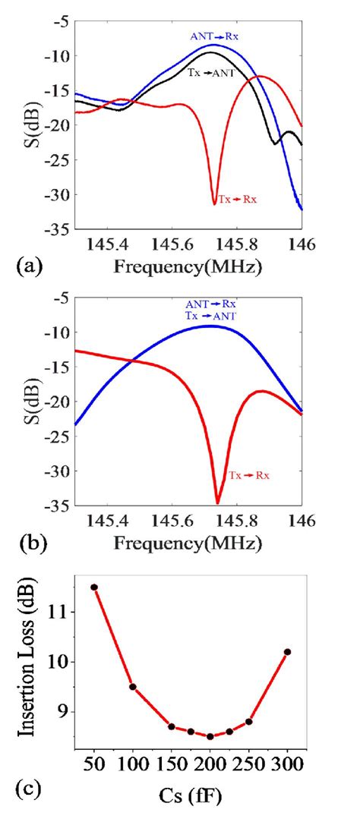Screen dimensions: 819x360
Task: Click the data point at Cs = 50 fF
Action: [94, 587]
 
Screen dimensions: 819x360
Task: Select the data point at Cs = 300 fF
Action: [287, 651]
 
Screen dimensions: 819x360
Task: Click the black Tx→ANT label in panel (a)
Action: [212, 72]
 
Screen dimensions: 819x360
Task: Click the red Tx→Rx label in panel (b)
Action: [250, 475]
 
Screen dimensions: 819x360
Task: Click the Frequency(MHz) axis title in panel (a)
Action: [189, 267]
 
